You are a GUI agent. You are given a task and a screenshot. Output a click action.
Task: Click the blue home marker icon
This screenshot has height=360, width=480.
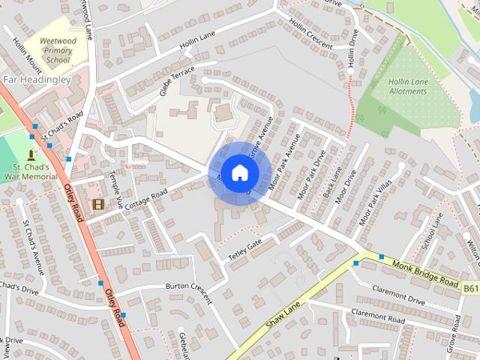point(239,172)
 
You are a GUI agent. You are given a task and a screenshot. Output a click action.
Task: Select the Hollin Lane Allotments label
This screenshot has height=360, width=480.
point(408,86)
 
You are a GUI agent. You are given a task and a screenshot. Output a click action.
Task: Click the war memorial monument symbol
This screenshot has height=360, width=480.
point(31,154)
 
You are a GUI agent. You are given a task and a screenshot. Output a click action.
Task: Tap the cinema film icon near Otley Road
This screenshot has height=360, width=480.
point(98,203)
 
